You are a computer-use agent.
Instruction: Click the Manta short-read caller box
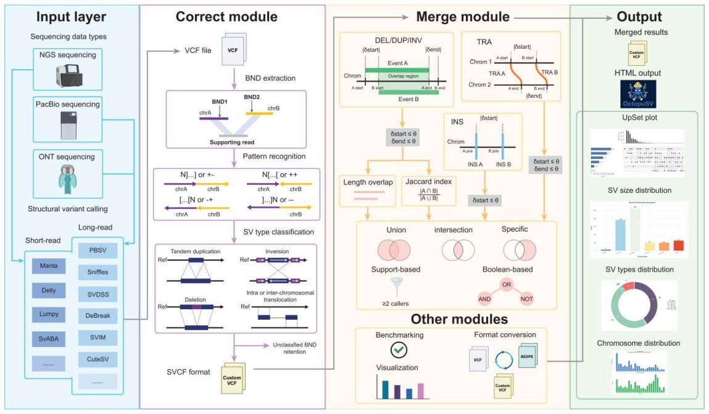(x=49, y=266)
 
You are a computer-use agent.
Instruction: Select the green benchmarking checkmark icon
(x=399, y=350)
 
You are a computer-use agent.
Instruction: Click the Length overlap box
(x=367, y=190)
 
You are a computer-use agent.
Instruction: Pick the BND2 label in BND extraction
(x=252, y=97)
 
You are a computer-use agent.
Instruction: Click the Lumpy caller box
(x=49, y=314)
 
